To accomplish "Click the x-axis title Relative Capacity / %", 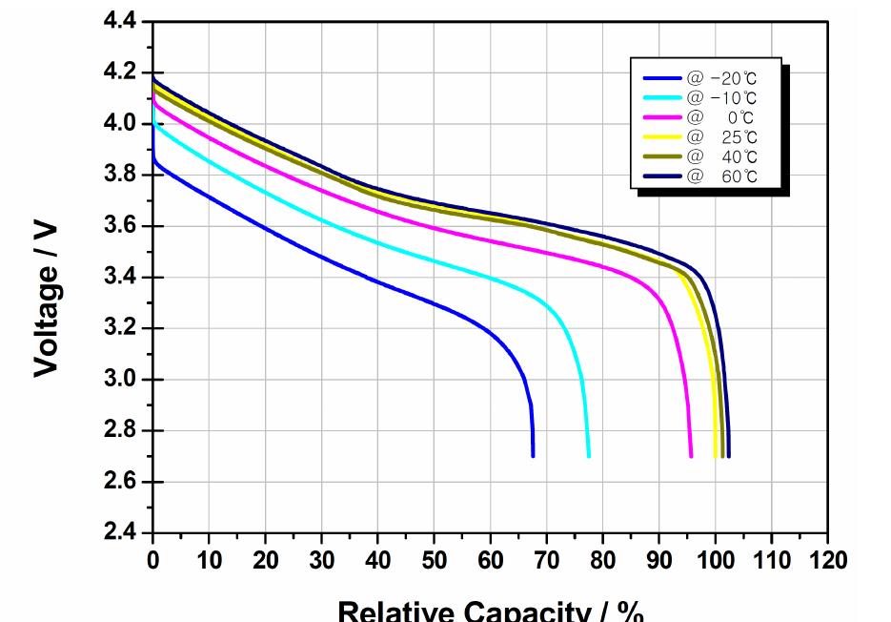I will (491, 611).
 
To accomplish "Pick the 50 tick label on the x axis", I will (435, 560).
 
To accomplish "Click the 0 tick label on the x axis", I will (152, 560).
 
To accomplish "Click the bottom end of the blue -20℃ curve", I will (533, 455).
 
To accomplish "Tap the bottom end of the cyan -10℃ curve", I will (589, 455).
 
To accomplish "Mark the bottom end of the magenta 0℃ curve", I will (691, 455).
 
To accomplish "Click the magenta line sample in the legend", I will (662, 117).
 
